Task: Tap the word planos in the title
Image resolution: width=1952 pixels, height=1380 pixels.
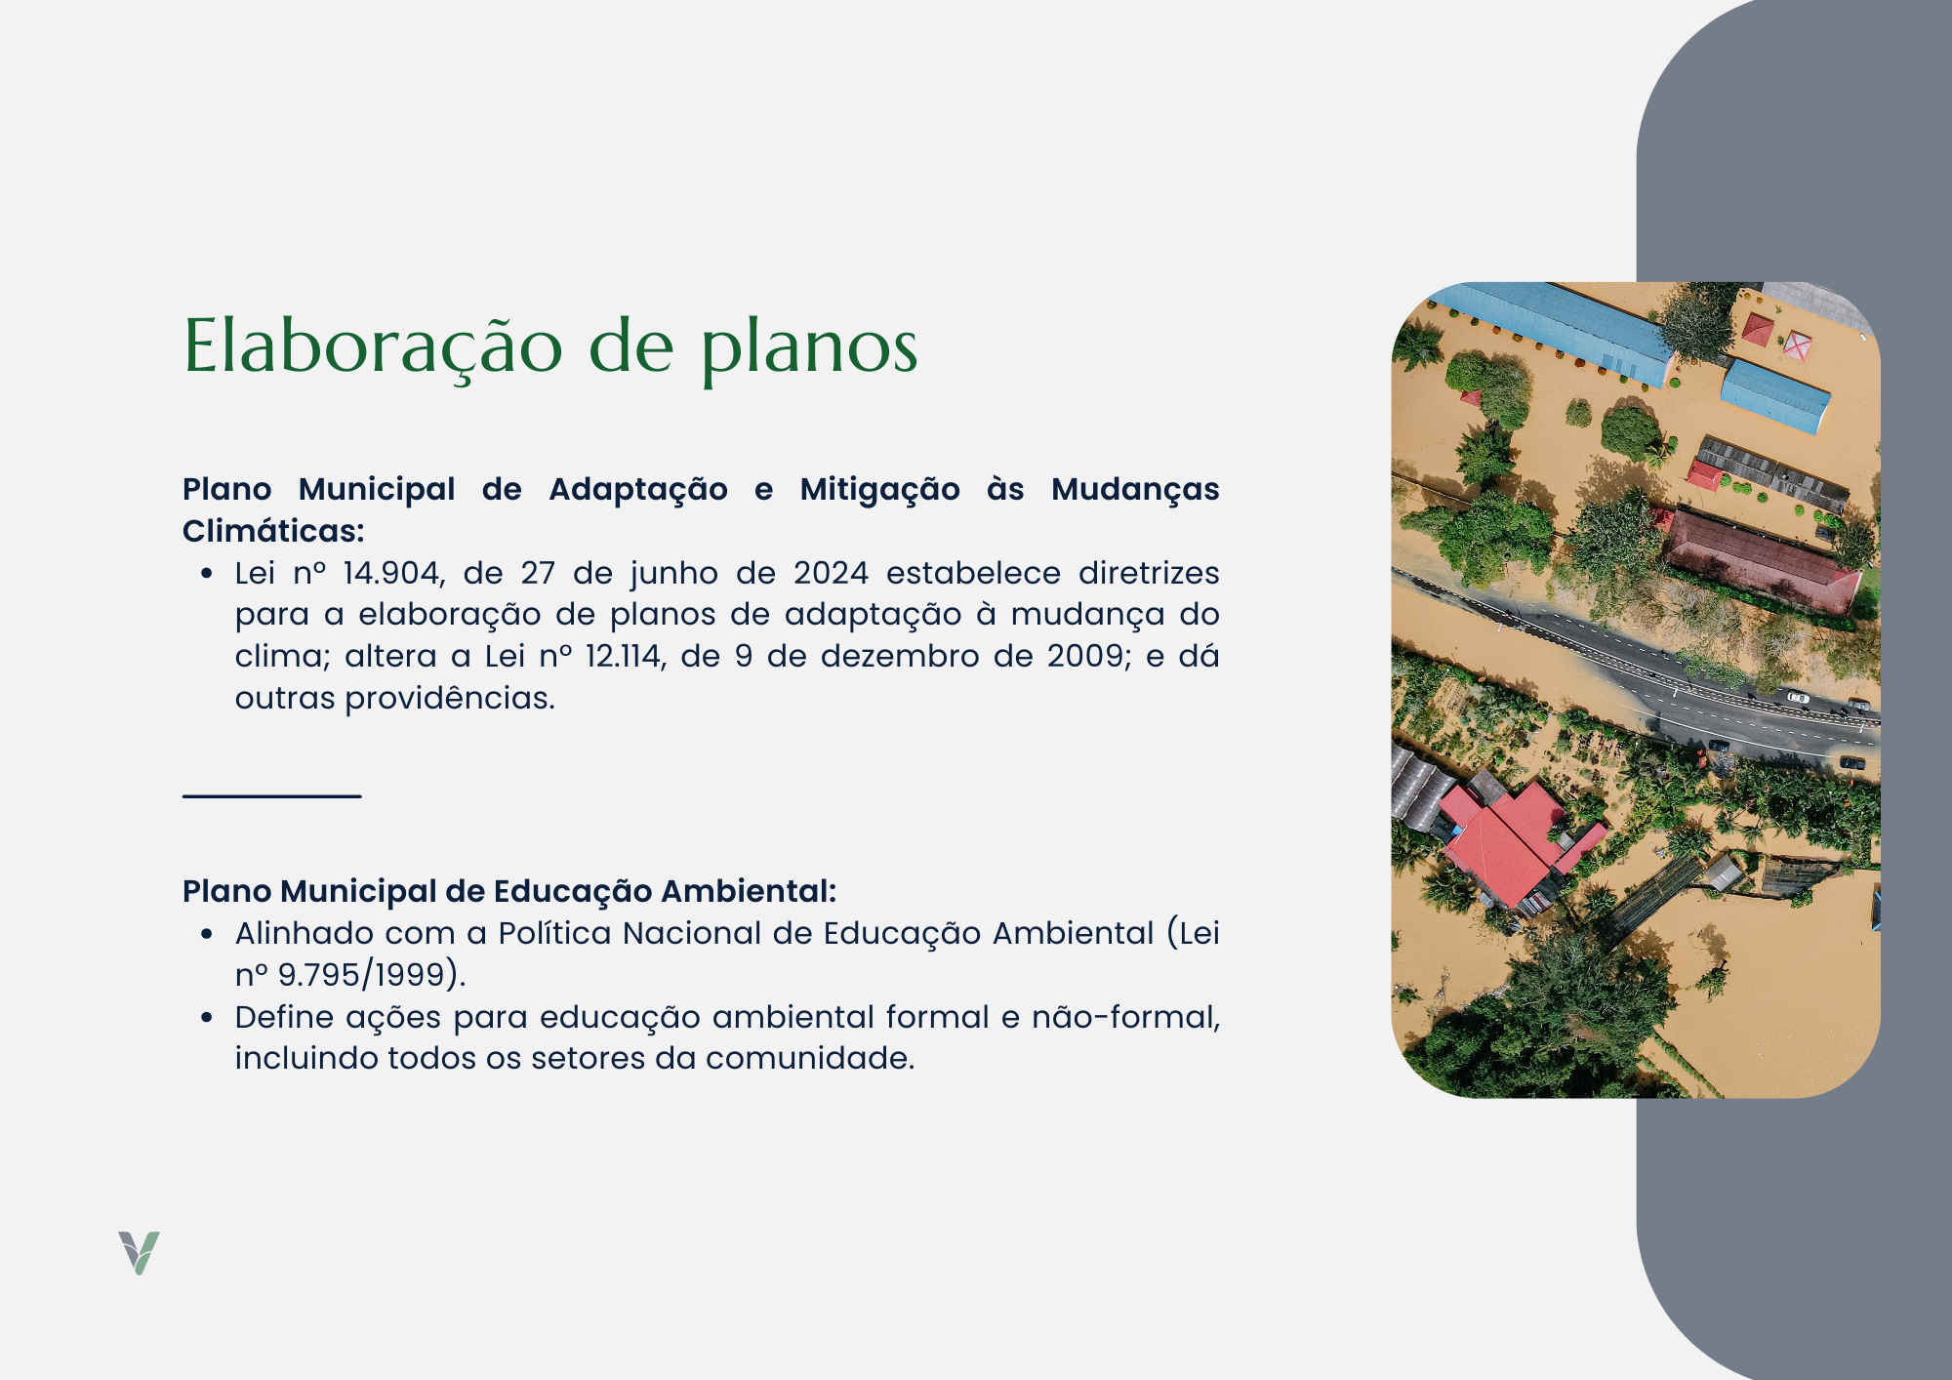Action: (x=810, y=348)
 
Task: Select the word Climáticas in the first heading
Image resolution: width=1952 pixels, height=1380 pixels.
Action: (x=273, y=531)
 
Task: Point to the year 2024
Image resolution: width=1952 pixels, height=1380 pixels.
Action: (x=831, y=573)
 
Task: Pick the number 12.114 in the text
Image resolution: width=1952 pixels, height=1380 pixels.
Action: (x=625, y=656)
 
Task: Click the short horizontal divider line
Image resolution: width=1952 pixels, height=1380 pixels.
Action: (x=271, y=796)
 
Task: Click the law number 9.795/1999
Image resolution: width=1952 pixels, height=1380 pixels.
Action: (x=361, y=975)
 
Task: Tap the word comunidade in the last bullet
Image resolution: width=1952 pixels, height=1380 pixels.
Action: (x=809, y=1059)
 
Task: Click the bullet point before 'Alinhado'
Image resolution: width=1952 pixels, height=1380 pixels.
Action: (x=207, y=935)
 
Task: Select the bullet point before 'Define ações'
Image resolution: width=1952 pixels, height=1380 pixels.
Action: (x=207, y=1018)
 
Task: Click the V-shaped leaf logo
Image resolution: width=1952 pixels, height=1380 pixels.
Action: (x=139, y=1253)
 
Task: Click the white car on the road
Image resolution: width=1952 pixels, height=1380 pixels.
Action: (x=1797, y=697)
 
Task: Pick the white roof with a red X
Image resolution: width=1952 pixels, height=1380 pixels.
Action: (x=1797, y=344)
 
